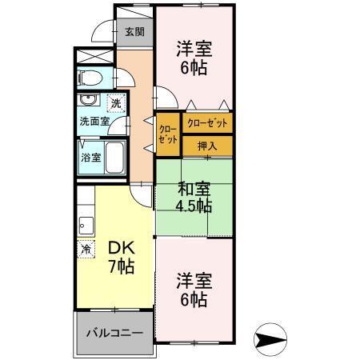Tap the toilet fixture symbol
[90, 78]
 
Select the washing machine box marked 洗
[116, 103]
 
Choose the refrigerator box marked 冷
[85, 249]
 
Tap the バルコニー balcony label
[113, 332]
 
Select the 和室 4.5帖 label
[194, 198]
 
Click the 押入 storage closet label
[207, 146]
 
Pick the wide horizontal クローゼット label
[207, 124]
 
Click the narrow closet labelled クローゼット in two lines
[167, 134]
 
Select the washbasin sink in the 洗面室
[90, 102]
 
